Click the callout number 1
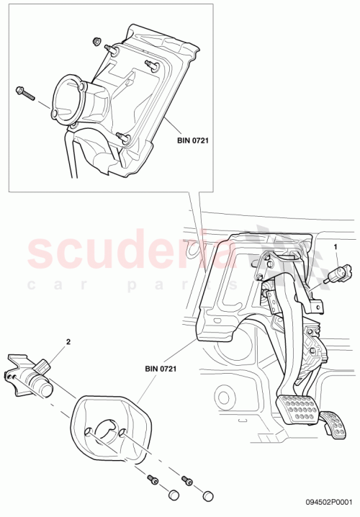(334, 247)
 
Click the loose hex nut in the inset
(96, 41)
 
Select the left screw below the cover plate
(153, 479)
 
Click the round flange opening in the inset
(69, 99)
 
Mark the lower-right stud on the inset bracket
(125, 138)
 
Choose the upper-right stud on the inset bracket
(151, 65)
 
